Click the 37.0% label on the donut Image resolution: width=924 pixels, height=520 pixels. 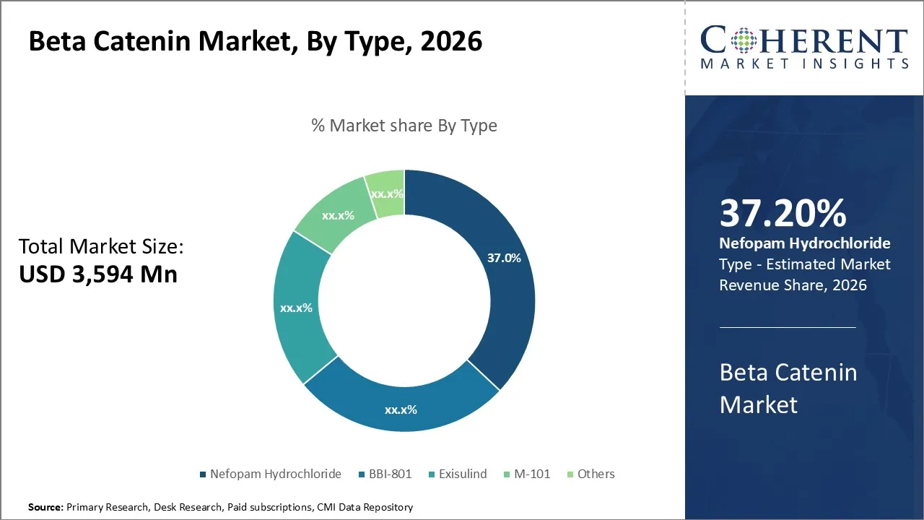click(x=503, y=258)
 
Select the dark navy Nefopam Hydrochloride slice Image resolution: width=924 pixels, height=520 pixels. click(x=498, y=303)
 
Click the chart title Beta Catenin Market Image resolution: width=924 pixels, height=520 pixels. click(x=255, y=42)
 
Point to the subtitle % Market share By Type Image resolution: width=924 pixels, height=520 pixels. click(x=404, y=126)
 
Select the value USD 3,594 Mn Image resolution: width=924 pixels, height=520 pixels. click(x=97, y=274)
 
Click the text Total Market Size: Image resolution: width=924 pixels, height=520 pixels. click(x=101, y=247)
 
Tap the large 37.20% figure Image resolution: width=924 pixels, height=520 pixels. click(x=783, y=213)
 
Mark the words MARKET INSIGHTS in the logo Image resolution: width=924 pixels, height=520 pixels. click(x=804, y=64)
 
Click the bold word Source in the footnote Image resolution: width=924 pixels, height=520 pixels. click(x=45, y=508)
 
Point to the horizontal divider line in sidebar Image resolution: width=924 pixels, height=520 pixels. click(x=788, y=327)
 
